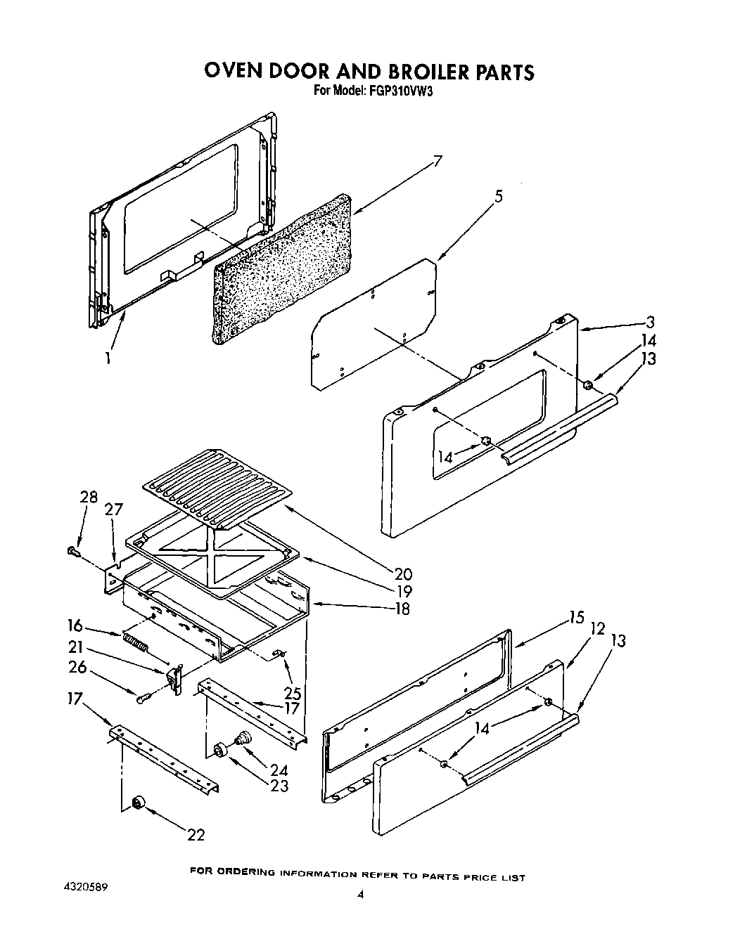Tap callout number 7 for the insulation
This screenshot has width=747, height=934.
tap(437, 162)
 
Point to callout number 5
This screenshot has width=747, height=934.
tap(498, 197)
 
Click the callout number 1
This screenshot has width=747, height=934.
tap(108, 358)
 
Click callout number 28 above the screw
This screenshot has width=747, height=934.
tap(88, 498)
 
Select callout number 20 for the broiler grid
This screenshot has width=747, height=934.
tap(403, 573)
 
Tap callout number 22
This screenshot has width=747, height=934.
tap(196, 834)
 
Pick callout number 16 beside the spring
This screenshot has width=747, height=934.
tap(75, 625)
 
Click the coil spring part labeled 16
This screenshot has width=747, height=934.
tap(136, 642)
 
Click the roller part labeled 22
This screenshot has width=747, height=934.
tap(138, 803)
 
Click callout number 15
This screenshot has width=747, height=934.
tap(577, 618)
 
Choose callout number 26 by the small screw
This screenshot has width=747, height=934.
tap(77, 667)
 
